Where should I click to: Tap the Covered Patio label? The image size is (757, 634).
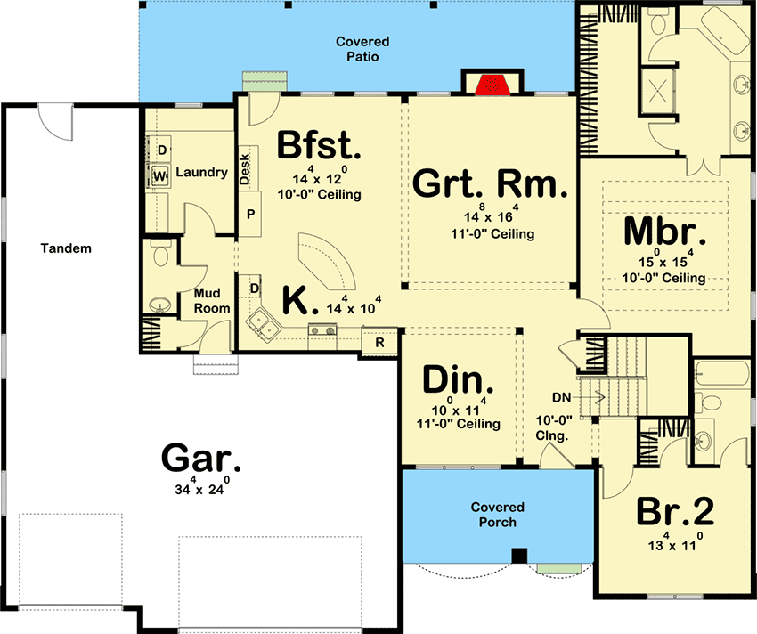(362, 49)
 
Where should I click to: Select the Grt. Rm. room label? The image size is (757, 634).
(490, 183)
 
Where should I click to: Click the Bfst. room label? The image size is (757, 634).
(319, 145)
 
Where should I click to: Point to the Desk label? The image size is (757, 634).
(245, 168)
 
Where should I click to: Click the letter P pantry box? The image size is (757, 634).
(250, 214)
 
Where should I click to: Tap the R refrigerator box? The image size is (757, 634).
(379, 342)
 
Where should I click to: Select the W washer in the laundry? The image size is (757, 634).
(159, 175)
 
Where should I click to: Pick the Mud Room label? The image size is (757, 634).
(211, 300)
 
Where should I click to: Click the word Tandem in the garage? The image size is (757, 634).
(66, 248)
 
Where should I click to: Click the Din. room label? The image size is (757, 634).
(458, 379)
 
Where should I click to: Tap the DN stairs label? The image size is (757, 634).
(561, 397)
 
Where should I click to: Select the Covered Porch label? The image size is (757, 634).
(497, 515)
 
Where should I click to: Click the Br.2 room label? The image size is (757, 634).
(675, 511)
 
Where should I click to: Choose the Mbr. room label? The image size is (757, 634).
(664, 231)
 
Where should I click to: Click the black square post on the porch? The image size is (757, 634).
(519, 556)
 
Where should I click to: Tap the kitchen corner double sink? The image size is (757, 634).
(264, 325)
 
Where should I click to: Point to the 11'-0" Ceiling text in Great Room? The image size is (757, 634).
(492, 233)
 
